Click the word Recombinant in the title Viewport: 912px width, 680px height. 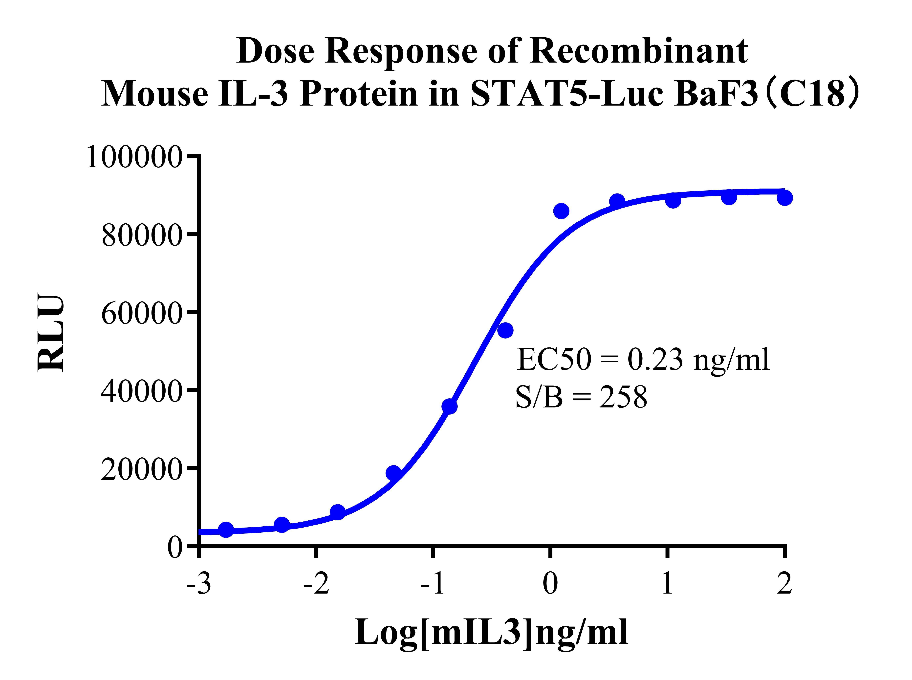pos(638,51)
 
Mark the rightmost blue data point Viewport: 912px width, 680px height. pos(785,198)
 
